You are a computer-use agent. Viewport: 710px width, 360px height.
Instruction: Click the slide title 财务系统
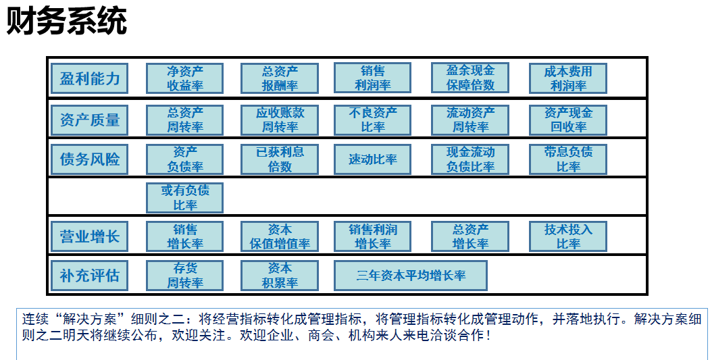(67, 22)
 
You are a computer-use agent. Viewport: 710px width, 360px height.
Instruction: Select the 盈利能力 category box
(89, 78)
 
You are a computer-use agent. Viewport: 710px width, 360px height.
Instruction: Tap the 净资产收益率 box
(184, 78)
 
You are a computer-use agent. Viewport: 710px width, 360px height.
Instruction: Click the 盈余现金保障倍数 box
(470, 78)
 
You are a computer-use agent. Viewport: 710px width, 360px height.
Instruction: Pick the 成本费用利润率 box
(568, 78)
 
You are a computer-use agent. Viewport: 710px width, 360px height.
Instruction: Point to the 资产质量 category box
(89, 120)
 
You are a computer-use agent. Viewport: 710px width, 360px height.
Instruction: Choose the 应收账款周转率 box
(280, 120)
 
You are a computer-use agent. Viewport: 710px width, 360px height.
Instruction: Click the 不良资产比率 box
(372, 120)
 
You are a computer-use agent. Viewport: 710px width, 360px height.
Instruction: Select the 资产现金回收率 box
(568, 120)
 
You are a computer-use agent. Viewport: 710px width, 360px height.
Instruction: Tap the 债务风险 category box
(89, 159)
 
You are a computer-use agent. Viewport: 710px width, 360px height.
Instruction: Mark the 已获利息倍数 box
(280, 159)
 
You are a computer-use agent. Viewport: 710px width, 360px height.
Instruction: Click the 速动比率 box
(372, 159)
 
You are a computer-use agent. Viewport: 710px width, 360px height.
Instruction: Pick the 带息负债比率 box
(568, 159)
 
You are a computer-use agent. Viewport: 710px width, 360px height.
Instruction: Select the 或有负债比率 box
(184, 198)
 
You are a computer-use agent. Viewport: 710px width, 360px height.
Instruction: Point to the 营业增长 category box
(89, 236)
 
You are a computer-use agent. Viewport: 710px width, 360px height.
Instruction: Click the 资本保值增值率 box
(280, 236)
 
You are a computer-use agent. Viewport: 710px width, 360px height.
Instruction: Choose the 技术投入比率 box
(568, 236)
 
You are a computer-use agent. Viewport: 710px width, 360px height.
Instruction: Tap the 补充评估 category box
(89, 276)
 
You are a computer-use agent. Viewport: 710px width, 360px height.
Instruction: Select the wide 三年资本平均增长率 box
(411, 276)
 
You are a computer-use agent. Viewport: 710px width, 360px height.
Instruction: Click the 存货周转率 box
(184, 276)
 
